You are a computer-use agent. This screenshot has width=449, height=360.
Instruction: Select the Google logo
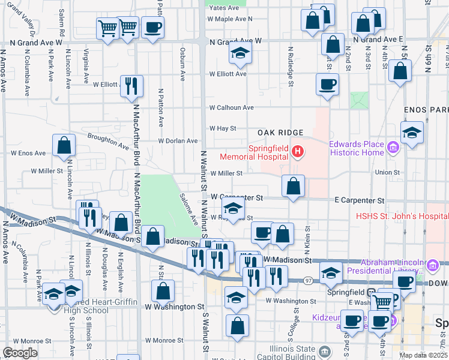(20, 353)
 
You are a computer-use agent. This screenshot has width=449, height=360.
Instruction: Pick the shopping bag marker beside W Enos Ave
(64, 145)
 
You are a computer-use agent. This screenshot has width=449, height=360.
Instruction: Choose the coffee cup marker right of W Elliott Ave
(327, 84)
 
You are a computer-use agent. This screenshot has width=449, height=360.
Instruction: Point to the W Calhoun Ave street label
(231, 108)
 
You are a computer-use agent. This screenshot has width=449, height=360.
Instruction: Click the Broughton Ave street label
(108, 142)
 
